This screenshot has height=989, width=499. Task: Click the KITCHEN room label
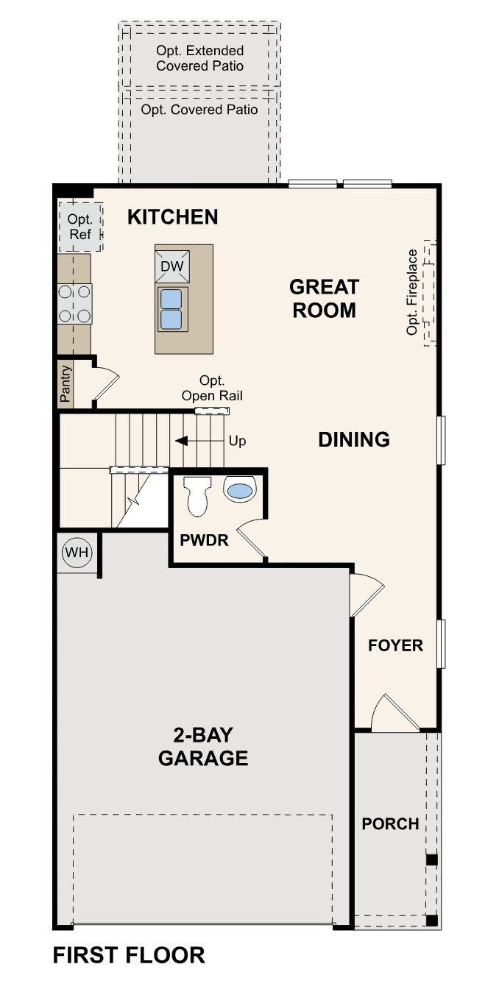(172, 217)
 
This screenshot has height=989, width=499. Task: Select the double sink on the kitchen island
(171, 309)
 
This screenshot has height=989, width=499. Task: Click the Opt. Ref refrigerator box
(79, 227)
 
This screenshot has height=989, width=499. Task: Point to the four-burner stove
(74, 304)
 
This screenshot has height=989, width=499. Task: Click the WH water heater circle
(75, 552)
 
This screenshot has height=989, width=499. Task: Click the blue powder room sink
(239, 489)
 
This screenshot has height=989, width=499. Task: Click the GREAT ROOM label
(324, 298)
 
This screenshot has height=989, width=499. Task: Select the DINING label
(354, 440)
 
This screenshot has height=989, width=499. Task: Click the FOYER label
(396, 646)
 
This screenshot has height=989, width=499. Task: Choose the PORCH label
(390, 824)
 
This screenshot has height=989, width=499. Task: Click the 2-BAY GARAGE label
(203, 746)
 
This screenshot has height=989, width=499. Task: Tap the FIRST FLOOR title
(129, 956)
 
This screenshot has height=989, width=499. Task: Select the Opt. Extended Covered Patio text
(199, 58)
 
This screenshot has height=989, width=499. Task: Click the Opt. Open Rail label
(212, 389)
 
